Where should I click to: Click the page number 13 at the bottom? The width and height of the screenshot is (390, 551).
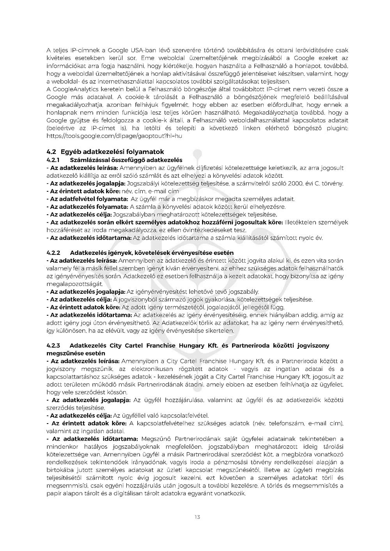point(197,517)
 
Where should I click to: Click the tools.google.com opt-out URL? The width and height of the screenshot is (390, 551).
point(114,136)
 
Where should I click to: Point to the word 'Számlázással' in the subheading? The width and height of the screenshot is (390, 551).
point(89,160)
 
